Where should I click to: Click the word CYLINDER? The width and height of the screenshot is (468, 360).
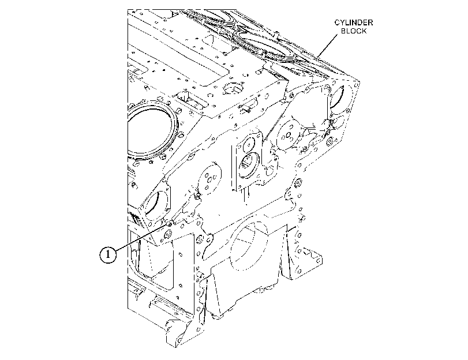(x=353, y=22)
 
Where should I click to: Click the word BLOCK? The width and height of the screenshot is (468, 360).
(x=354, y=31)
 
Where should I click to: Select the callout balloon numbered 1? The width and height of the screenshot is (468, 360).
(x=108, y=254)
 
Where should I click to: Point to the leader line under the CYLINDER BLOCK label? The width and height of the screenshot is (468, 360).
(x=328, y=46)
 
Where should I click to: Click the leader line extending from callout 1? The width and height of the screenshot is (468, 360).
(x=141, y=238)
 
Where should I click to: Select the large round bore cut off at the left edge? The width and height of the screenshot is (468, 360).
(x=151, y=131)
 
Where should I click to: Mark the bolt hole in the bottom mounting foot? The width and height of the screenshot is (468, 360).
(x=179, y=340)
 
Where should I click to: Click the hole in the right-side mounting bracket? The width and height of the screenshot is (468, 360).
(x=319, y=260)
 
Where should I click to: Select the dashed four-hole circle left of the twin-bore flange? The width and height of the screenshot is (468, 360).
(x=209, y=178)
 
